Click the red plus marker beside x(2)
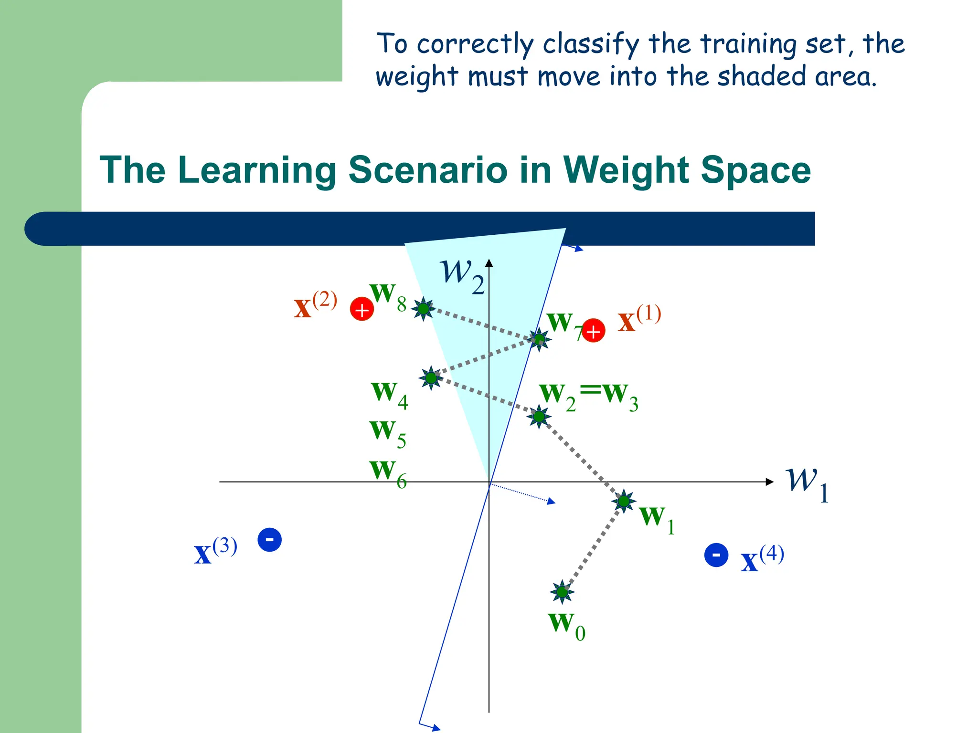(x=362, y=309)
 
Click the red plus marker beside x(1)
(x=593, y=331)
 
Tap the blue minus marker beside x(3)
(x=269, y=540)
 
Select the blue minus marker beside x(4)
(x=716, y=555)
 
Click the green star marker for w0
(x=562, y=592)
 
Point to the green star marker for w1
(x=624, y=501)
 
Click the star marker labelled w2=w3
(x=539, y=417)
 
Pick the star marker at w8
(x=423, y=309)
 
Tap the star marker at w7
(x=539, y=339)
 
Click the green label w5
(x=388, y=432)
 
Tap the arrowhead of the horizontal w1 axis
(x=769, y=482)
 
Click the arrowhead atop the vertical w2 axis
(x=489, y=263)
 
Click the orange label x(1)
(x=639, y=319)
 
